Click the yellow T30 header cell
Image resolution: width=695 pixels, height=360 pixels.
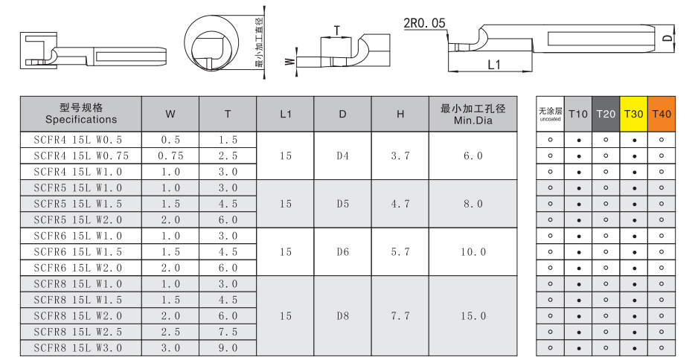pyautogui.click(x=633, y=114)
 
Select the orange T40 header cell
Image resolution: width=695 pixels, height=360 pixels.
pyautogui.click(x=662, y=114)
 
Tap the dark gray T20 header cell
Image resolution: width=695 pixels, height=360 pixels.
pyautogui.click(x=606, y=114)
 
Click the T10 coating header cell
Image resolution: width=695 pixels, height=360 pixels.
pyautogui.click(x=578, y=114)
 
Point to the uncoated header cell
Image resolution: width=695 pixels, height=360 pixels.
pyautogui.click(x=550, y=114)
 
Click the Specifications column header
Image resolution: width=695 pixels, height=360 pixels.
pyautogui.click(x=81, y=114)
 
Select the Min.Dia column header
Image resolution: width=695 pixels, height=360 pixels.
pyautogui.click(x=473, y=114)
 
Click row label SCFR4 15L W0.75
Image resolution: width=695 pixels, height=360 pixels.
pyautogui.click(x=81, y=156)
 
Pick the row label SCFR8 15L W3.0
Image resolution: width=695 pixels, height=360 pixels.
pyautogui.click(x=78, y=348)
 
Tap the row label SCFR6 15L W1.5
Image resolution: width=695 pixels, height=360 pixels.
pyautogui.click(x=78, y=252)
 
